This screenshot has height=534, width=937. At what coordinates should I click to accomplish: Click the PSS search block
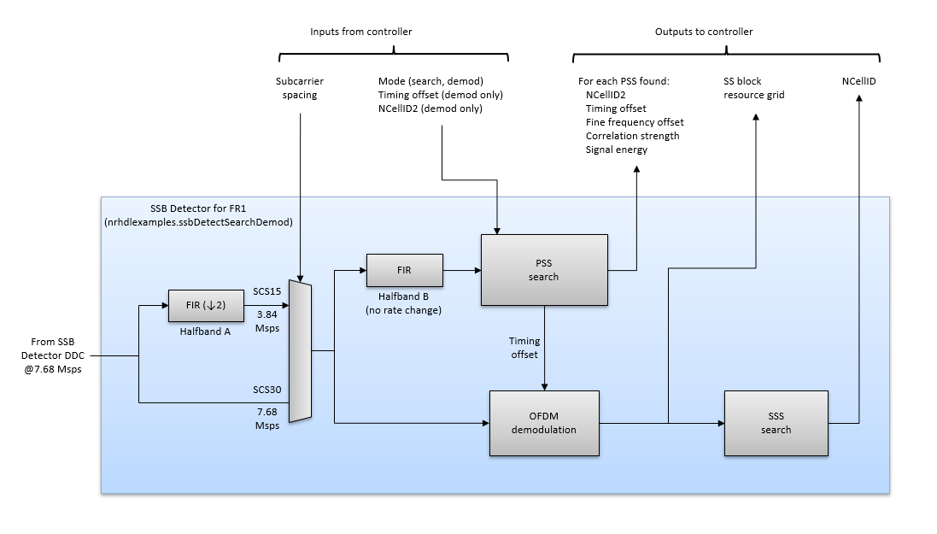[x=544, y=270]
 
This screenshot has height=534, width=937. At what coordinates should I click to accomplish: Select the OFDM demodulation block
[x=544, y=423]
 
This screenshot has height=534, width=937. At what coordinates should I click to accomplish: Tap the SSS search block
[x=776, y=423]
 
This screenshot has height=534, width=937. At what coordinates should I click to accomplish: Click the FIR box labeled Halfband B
[x=404, y=270]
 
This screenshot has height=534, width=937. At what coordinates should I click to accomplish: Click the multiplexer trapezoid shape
[x=300, y=351]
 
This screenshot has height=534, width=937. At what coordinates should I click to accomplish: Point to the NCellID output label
[x=858, y=81]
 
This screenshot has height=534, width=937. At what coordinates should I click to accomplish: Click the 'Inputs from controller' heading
[x=360, y=32]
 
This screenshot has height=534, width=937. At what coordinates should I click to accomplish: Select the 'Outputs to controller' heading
[x=704, y=32]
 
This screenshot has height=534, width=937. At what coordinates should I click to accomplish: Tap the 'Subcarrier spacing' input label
[x=300, y=88]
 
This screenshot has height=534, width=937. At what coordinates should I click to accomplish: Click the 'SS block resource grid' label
[x=753, y=88]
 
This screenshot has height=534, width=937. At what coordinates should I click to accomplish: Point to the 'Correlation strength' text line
[x=632, y=136]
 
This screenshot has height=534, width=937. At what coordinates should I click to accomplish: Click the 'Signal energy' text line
[x=616, y=150]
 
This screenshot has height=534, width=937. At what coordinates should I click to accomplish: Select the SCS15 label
[x=266, y=291]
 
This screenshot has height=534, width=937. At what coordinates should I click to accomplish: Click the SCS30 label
[x=266, y=390]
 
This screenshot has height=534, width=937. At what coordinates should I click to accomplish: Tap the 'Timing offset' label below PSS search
[x=524, y=347]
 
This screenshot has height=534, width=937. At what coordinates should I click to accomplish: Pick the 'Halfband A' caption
[x=204, y=332]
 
